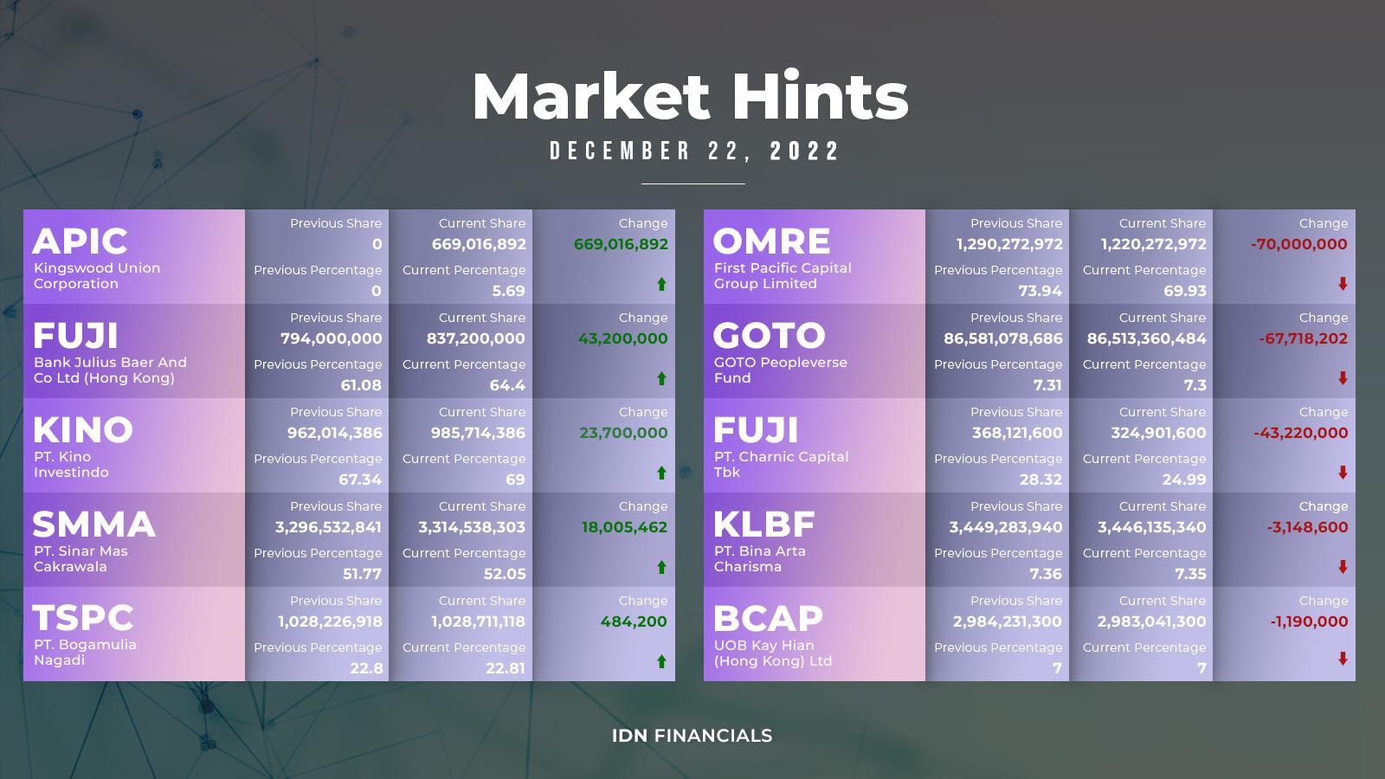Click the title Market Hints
(690, 96)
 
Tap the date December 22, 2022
(694, 151)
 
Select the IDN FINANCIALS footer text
(692, 736)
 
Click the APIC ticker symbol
(80, 241)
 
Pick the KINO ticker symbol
(83, 429)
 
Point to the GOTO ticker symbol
(770, 335)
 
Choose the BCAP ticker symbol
(768, 618)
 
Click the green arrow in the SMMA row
(661, 567)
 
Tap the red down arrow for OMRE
(1343, 284)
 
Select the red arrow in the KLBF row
(1343, 567)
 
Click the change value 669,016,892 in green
(621, 244)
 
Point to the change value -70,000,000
(1298, 244)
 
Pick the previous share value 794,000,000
(331, 338)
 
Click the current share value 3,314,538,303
(472, 527)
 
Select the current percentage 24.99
(1185, 480)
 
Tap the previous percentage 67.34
(360, 480)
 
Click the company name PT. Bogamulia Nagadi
(85, 653)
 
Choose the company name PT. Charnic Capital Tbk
(781, 464)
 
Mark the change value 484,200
(634, 621)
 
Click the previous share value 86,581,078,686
(1003, 338)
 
